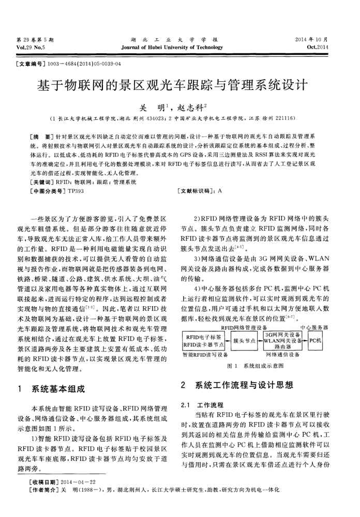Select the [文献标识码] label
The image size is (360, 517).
click(x=197, y=191)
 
